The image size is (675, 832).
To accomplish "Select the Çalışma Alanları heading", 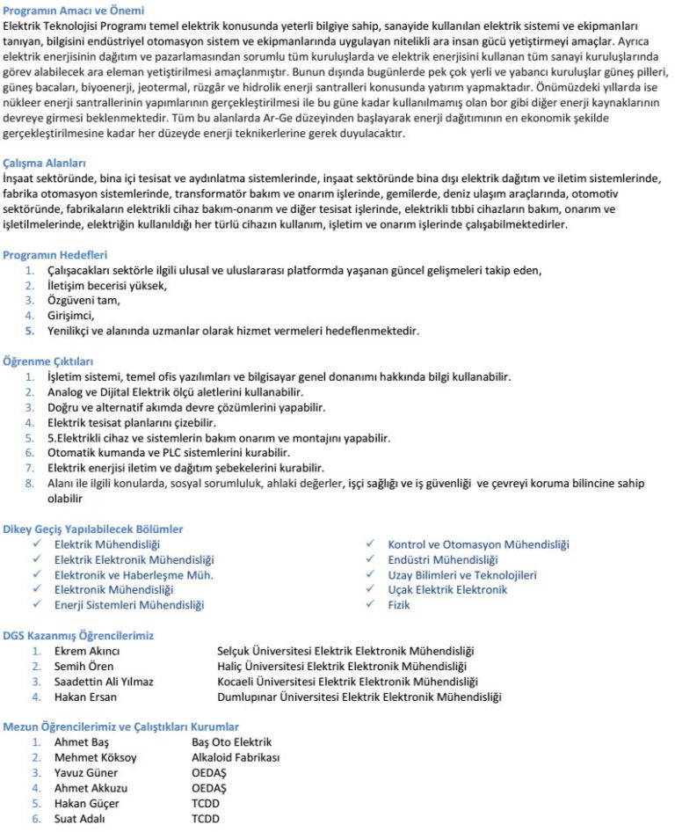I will tap(45, 163).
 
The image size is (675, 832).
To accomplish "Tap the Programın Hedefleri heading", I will tap(55, 254).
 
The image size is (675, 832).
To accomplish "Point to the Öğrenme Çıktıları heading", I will tap(48, 361).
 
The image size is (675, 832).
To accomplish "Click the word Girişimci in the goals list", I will tap(70, 316).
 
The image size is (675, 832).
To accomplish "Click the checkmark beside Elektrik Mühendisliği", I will tap(37, 544).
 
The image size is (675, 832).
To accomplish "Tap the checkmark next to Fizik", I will tap(370, 605).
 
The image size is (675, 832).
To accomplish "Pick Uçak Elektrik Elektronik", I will tap(447, 589).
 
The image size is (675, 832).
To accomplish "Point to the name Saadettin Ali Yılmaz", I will tap(104, 682).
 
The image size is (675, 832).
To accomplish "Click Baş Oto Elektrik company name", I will tap(231, 742).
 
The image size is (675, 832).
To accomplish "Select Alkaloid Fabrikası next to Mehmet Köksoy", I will tap(235, 757).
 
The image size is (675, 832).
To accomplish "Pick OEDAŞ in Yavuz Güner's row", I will tap(210, 773).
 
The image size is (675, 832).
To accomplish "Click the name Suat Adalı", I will tap(80, 819).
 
